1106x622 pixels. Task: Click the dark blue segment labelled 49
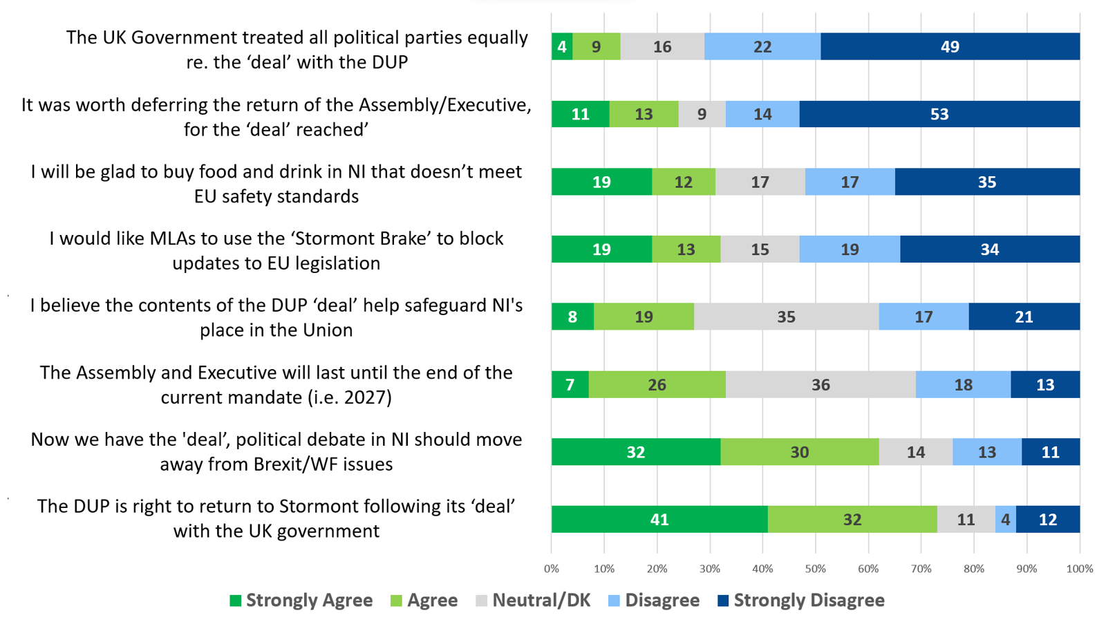pyautogui.click(x=950, y=47)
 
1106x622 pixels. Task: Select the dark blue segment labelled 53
pyautogui.click(x=939, y=114)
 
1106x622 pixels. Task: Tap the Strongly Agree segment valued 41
pyautogui.click(x=659, y=520)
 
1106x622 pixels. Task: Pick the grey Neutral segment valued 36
pyautogui.click(x=821, y=385)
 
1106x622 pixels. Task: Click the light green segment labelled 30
pyautogui.click(x=799, y=452)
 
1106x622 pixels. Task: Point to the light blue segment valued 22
pyautogui.click(x=762, y=47)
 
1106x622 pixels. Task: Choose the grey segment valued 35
pyautogui.click(x=786, y=317)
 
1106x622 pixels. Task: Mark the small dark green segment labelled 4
pyautogui.click(x=562, y=47)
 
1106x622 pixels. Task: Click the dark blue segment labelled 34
pyautogui.click(x=989, y=249)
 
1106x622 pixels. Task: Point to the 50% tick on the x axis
pyautogui.click(x=816, y=569)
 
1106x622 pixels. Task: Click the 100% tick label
pyautogui.click(x=1080, y=569)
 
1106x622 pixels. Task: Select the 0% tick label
pyautogui.click(x=552, y=569)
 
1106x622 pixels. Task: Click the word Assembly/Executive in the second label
pyautogui.click(x=444, y=105)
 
